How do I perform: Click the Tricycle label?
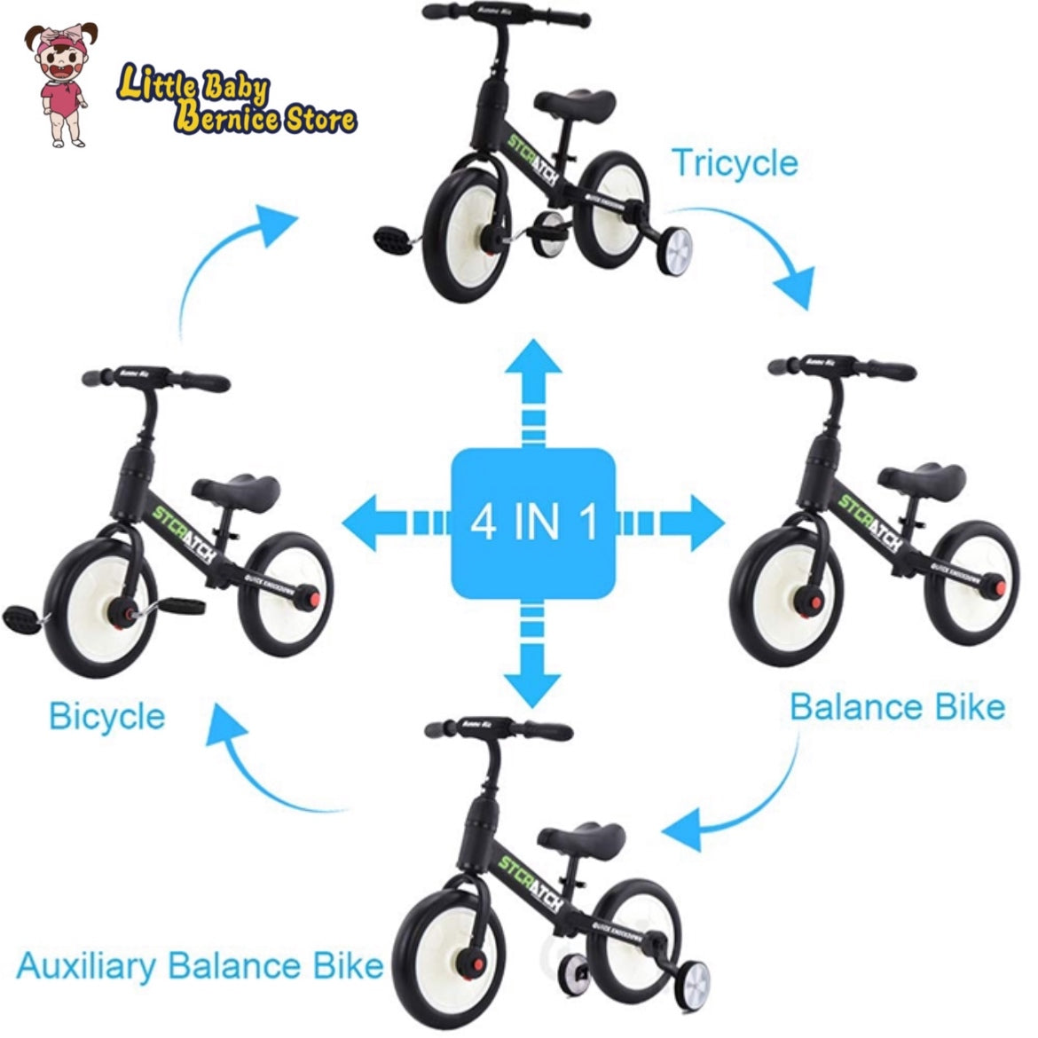click(734, 163)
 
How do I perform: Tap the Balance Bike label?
click(896, 707)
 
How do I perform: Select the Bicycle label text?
click(106, 716)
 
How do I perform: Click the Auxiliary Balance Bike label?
click(200, 965)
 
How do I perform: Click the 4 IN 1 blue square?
click(533, 523)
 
